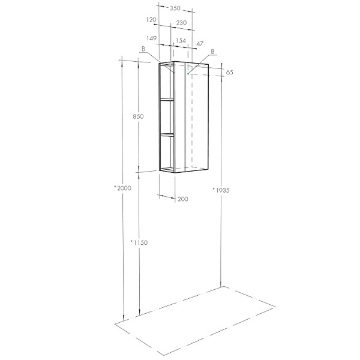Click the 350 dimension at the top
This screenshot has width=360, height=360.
[x=175, y=8]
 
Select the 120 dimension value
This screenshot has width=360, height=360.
[x=151, y=20]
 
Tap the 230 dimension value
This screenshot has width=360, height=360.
[x=181, y=23]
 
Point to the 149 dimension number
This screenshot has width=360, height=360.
[x=152, y=38]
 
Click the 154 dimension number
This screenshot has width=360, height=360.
[x=181, y=41]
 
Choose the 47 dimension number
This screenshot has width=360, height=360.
[x=200, y=43]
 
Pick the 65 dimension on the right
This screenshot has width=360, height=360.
[x=229, y=73]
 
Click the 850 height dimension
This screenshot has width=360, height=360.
[x=138, y=116]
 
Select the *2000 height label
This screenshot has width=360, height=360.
[x=123, y=188]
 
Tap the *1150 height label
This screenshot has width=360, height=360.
[x=139, y=242]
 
